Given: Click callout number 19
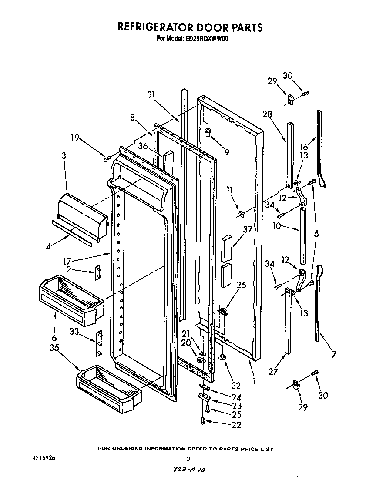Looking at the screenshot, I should (x=75, y=139).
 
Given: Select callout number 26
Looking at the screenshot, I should (x=241, y=285).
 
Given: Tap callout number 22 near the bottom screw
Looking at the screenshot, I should (x=236, y=425).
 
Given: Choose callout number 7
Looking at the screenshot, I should (x=334, y=354).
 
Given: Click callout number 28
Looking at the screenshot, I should (x=267, y=114).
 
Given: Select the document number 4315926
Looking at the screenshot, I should (x=44, y=458).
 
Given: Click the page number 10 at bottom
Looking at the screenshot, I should (x=186, y=458).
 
